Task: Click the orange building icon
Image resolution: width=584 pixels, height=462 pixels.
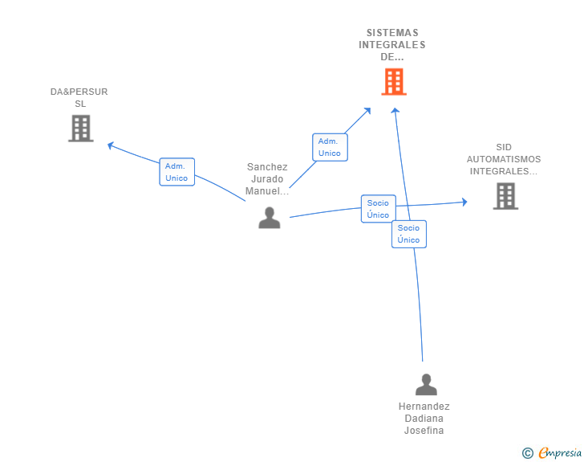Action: (393, 82)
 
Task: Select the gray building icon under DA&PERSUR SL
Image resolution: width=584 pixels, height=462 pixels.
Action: (80, 129)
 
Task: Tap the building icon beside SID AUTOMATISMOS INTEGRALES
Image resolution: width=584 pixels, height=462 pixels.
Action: (505, 196)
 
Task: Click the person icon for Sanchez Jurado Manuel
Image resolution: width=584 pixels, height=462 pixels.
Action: (270, 218)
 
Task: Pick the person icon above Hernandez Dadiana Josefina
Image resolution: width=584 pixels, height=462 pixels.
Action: (426, 384)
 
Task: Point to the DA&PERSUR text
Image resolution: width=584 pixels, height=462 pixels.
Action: (79, 92)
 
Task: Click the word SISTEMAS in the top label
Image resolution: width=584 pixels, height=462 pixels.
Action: (392, 33)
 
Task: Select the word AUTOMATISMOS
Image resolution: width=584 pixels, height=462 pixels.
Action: (504, 159)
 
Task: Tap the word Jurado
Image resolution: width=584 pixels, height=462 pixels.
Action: (267, 179)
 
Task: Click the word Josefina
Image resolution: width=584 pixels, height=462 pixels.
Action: (424, 431)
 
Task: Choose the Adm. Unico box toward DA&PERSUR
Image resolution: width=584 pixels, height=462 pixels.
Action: (176, 172)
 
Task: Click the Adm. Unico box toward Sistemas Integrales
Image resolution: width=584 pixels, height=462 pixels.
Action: (329, 147)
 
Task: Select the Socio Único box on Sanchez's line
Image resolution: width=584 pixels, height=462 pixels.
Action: (378, 209)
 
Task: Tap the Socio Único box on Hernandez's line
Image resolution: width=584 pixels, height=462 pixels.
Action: (408, 234)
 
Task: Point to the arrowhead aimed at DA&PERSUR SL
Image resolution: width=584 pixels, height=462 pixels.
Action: (111, 145)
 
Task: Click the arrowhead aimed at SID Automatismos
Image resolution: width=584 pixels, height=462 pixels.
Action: (464, 202)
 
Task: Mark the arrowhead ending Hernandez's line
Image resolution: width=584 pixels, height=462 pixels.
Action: (395, 111)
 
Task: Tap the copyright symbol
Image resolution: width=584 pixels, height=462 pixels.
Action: (527, 454)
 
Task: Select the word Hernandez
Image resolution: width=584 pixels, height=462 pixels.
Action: (424, 407)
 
